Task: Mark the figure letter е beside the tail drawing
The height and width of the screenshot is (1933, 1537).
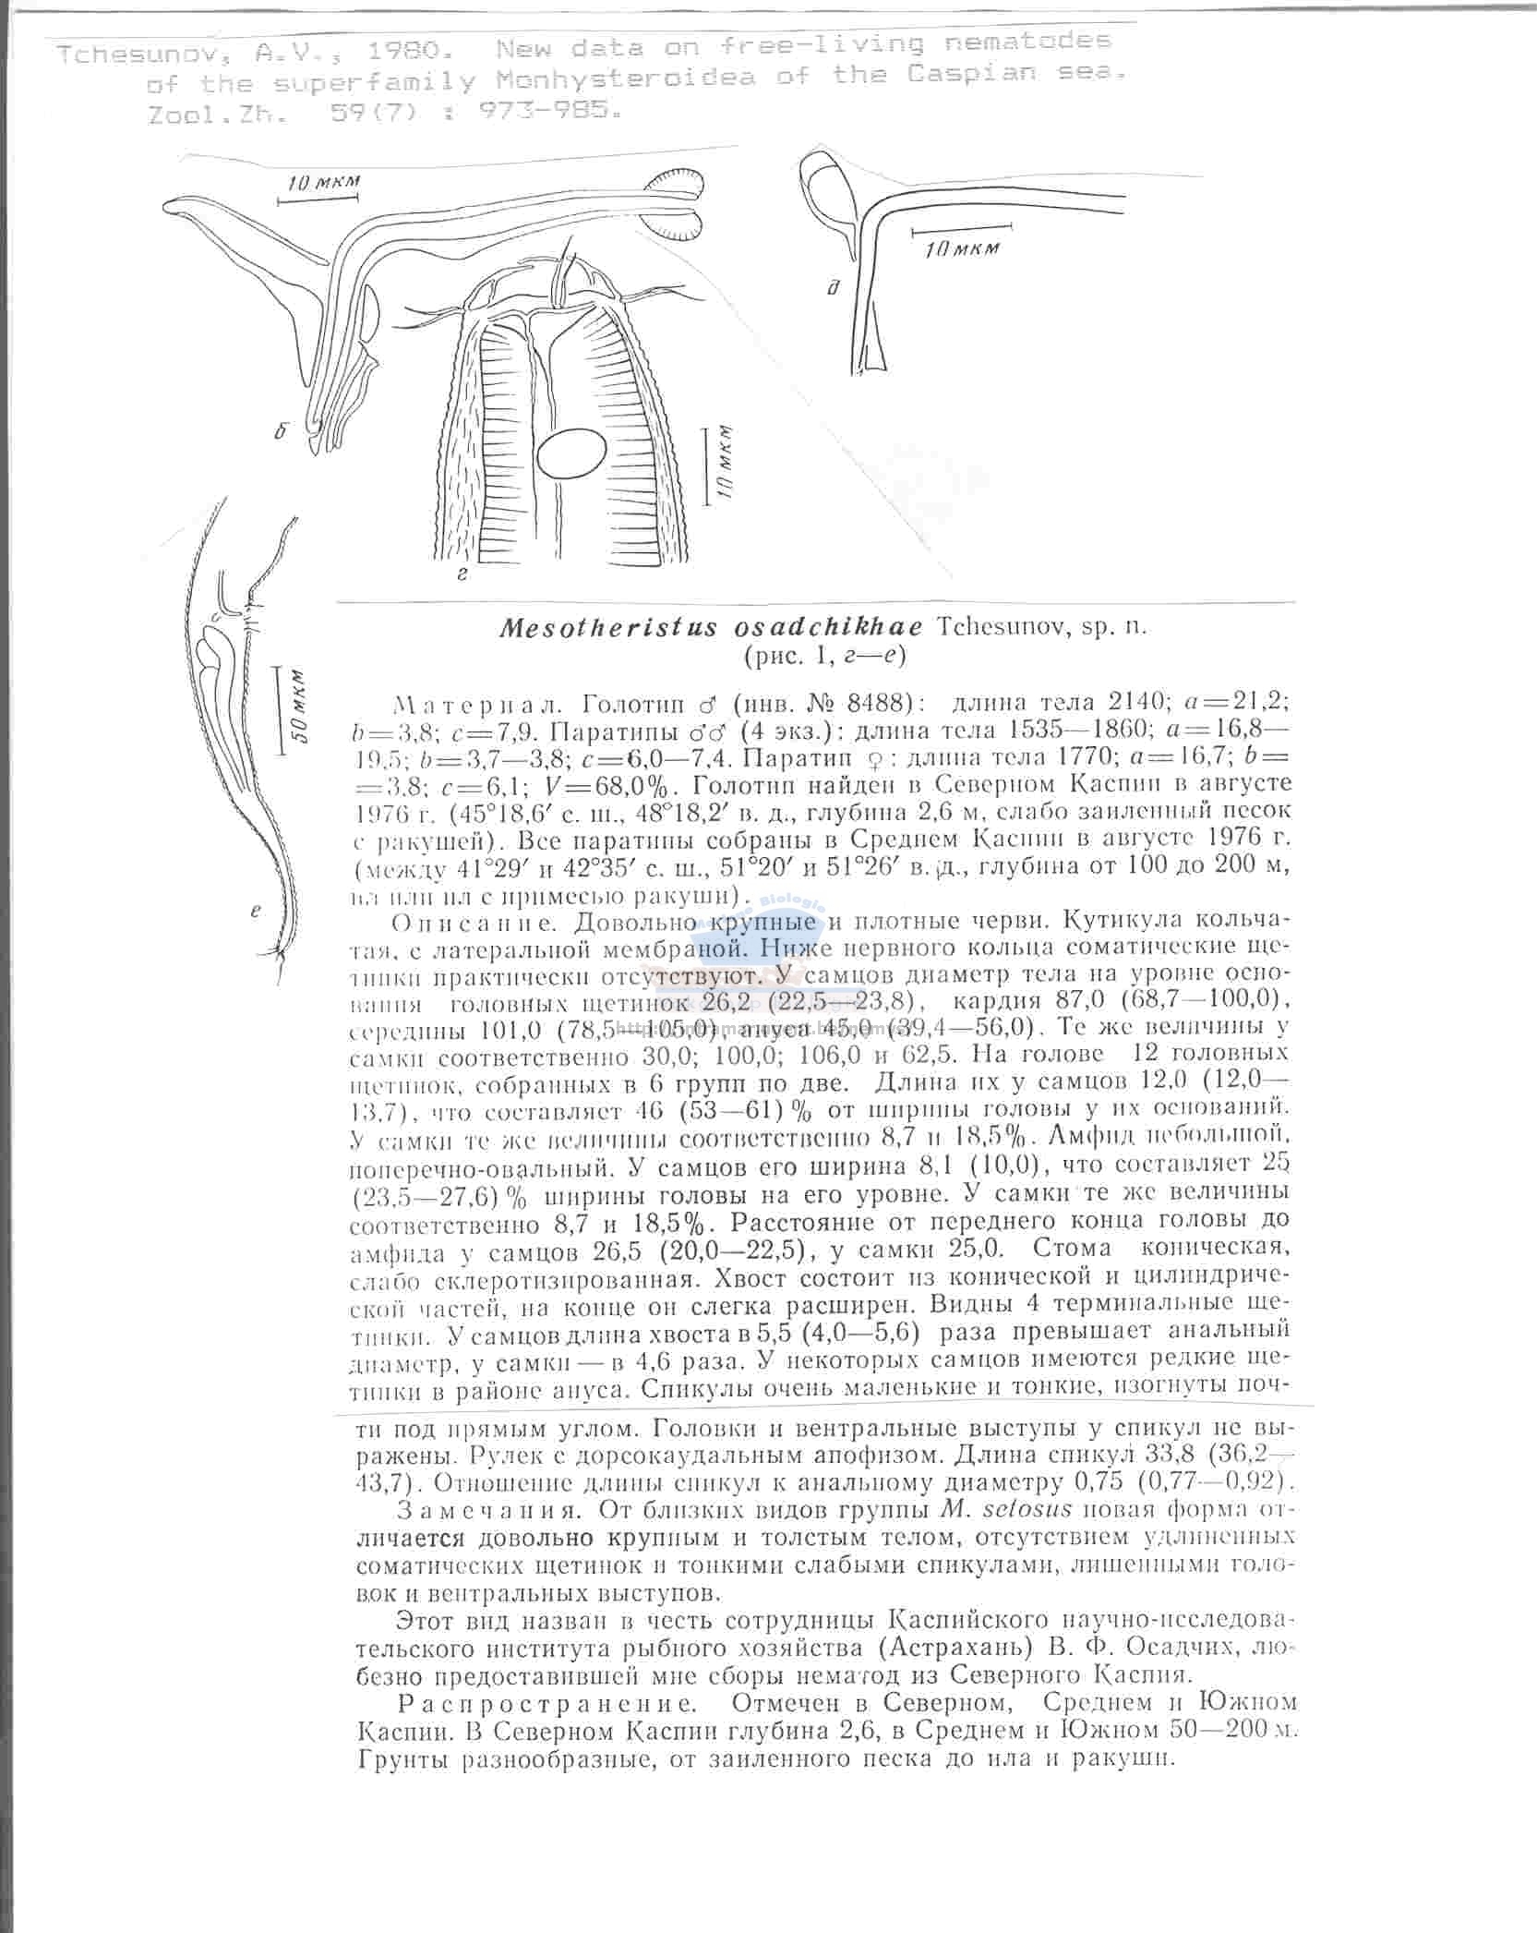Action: tap(256, 911)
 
